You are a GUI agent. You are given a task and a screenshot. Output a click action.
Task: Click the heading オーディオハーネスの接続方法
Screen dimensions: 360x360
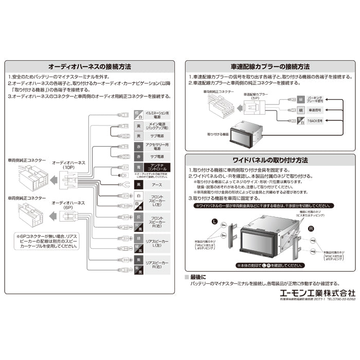(89, 67)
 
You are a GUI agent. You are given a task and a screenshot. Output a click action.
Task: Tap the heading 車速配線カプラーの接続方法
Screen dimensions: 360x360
(269, 67)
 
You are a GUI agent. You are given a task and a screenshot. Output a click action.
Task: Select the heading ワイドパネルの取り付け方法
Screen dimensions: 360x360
(269, 160)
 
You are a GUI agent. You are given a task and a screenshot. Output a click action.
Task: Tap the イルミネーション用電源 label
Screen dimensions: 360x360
(157, 114)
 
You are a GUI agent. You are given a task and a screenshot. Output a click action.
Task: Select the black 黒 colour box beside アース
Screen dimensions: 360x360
(138, 184)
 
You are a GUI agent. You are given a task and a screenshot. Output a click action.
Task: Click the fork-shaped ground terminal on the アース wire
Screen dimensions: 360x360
(122, 184)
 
